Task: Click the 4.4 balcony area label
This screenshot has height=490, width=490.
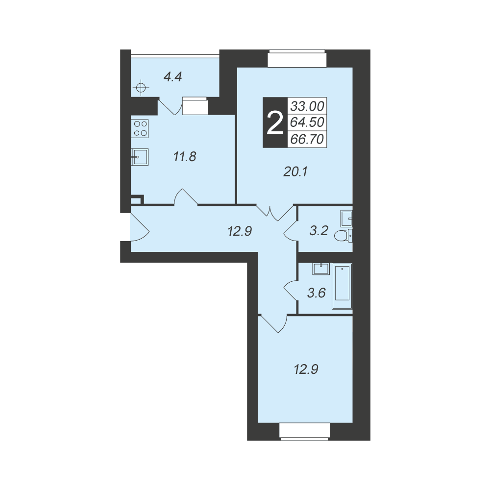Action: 173,76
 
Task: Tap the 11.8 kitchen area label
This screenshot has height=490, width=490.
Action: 185,157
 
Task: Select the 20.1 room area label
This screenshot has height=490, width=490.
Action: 295,171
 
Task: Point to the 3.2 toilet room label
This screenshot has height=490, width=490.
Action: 319,231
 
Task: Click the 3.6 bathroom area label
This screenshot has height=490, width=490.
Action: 317,293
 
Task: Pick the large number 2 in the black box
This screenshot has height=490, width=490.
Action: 275,123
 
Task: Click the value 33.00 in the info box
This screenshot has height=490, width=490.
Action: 307,106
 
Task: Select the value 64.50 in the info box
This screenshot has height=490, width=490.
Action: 307,122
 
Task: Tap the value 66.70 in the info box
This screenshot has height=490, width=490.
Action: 307,139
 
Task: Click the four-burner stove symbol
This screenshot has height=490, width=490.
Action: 140,128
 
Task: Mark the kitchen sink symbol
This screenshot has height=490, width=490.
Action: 140,157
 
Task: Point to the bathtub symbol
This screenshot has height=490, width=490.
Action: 343,287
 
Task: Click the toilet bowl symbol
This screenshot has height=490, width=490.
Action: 343,236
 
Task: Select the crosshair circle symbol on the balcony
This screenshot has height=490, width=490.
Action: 141,88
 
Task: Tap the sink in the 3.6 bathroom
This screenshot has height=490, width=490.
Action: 320,269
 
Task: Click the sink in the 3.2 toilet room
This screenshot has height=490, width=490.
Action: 346,218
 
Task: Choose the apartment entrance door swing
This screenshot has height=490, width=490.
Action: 139,227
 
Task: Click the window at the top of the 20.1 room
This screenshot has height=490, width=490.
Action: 297,58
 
